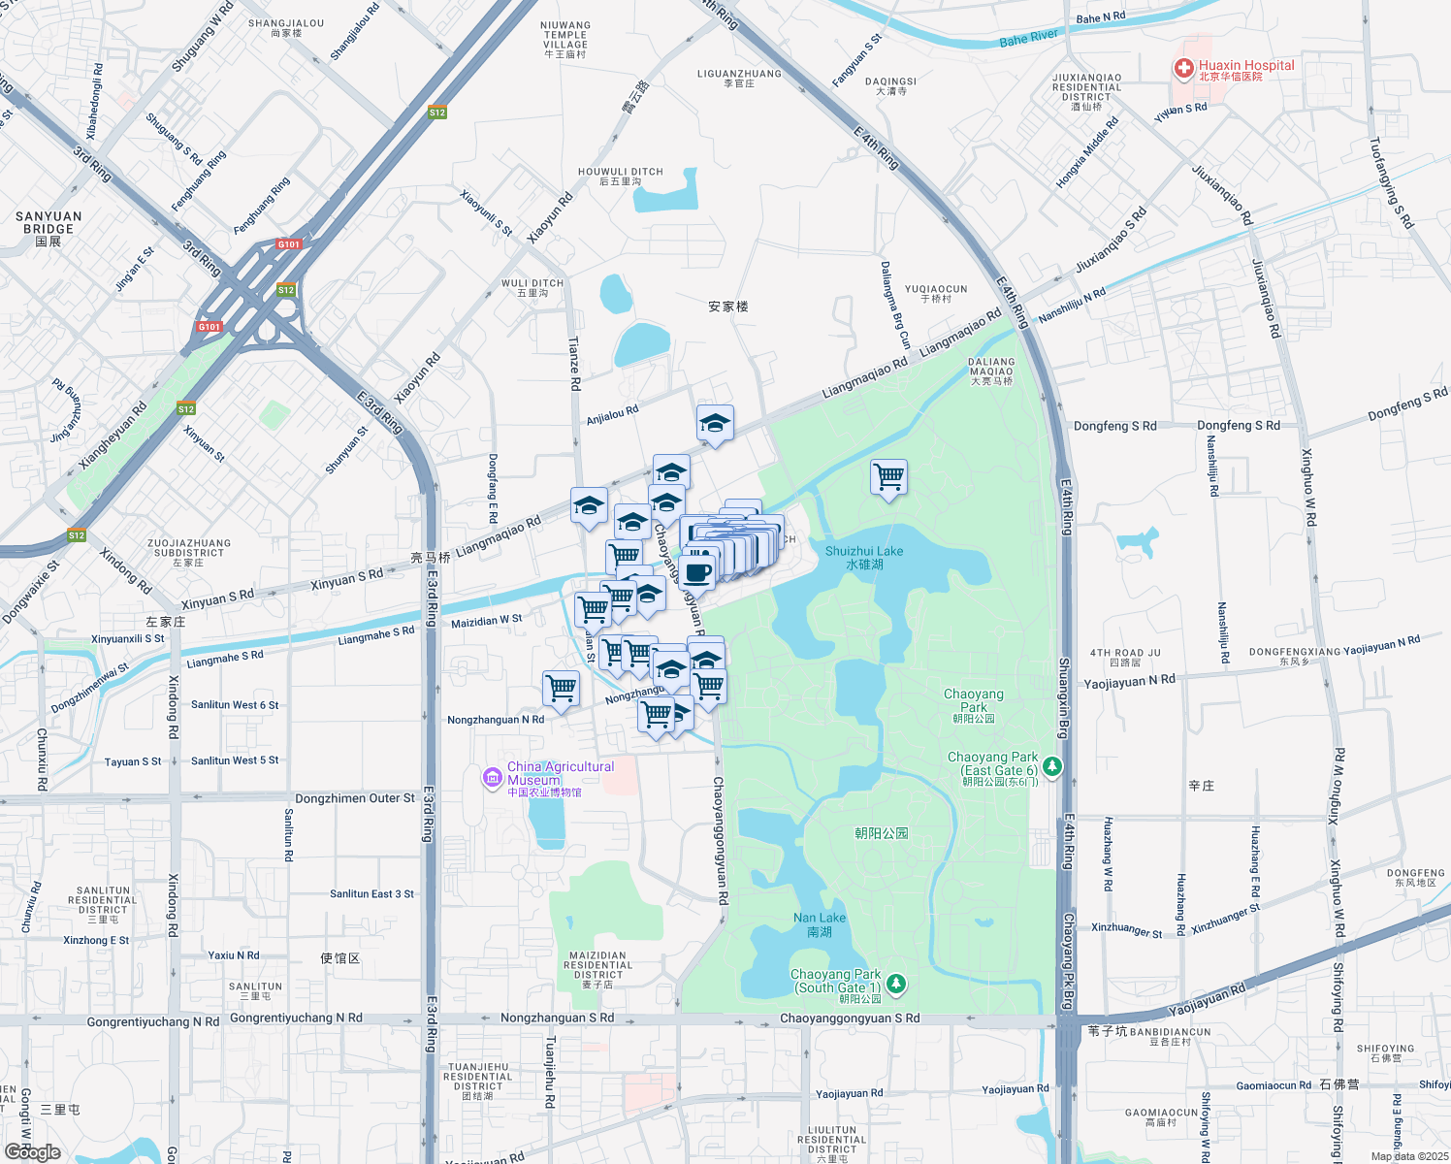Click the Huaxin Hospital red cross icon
(x=1183, y=68)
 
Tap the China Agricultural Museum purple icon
(x=493, y=778)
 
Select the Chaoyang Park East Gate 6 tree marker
(x=1051, y=767)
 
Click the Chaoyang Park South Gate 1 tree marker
(x=896, y=984)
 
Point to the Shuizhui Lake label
(x=863, y=557)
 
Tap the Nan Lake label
(x=820, y=923)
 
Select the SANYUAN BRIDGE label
(x=48, y=222)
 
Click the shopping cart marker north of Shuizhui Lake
(x=888, y=477)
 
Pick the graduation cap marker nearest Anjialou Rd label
(x=715, y=424)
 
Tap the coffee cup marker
(x=696, y=571)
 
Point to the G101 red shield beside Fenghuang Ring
(x=288, y=244)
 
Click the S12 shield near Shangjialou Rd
(x=437, y=113)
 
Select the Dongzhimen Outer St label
(x=354, y=798)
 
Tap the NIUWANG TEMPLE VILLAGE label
(x=565, y=40)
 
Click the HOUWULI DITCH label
(x=621, y=176)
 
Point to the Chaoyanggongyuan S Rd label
(x=850, y=1018)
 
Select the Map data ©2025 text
(x=1408, y=1156)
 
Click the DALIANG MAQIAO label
(x=991, y=371)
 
